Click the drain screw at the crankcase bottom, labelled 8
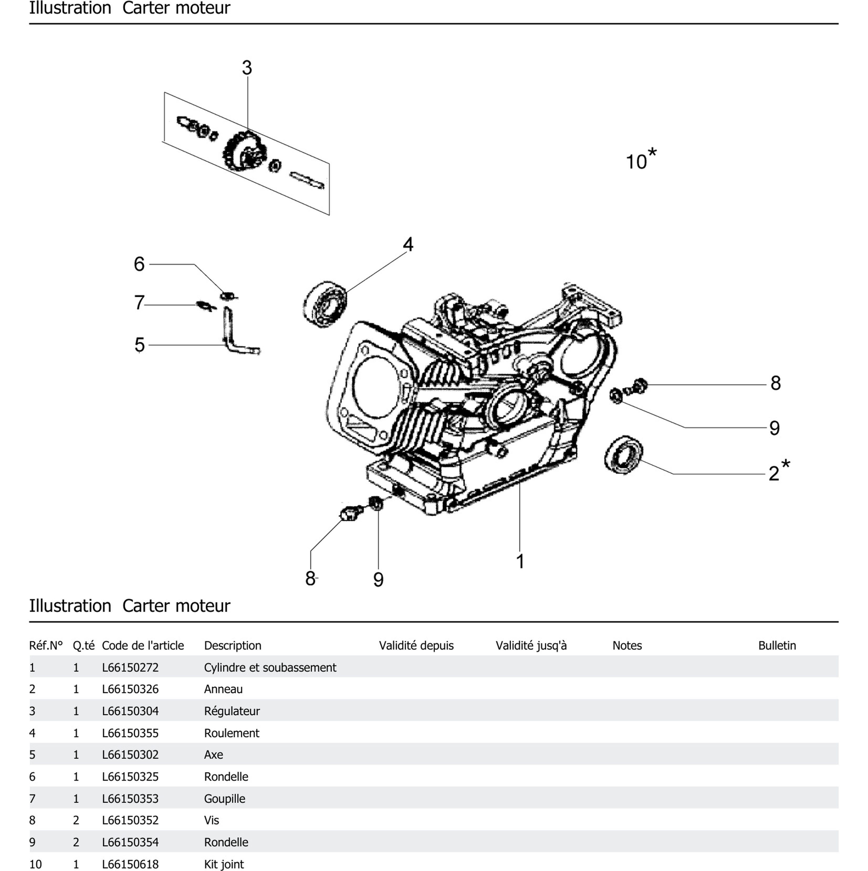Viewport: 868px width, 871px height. coord(350,513)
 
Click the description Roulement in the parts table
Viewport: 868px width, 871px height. coord(231,733)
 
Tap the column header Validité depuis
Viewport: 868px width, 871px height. coord(416,646)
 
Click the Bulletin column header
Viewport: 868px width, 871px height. coord(777,646)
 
